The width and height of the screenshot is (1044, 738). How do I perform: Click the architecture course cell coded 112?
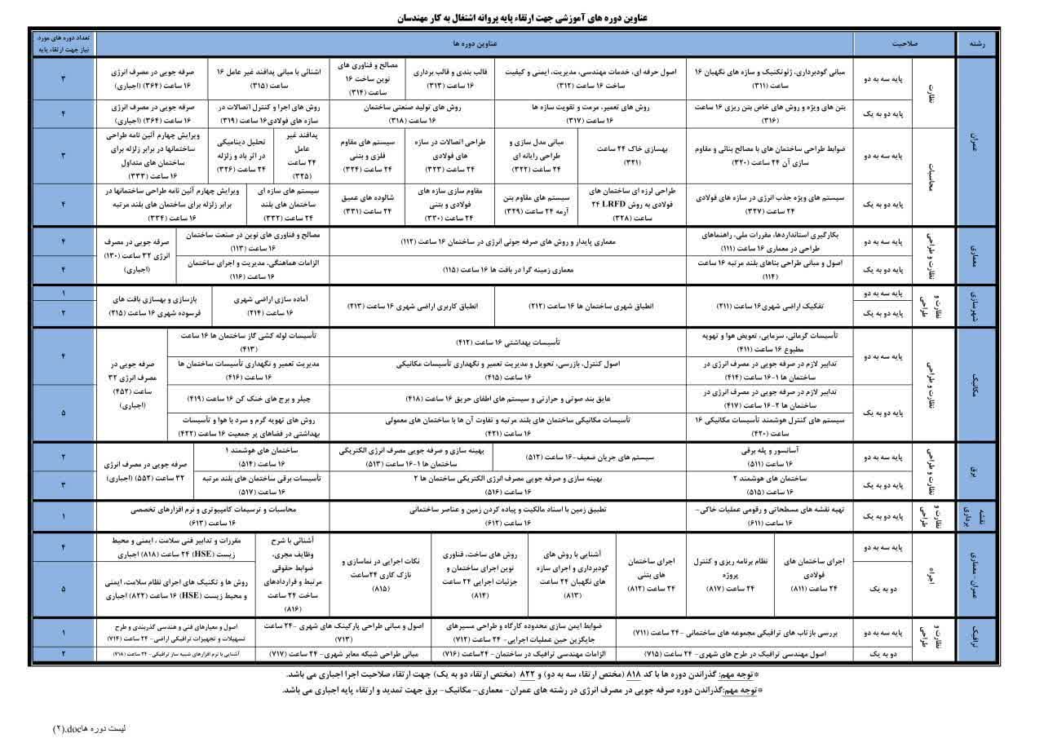508,242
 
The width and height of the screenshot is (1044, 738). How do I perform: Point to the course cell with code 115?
508,268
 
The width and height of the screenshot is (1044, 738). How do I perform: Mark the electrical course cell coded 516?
507,485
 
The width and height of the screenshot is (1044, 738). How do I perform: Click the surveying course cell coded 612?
509,515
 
